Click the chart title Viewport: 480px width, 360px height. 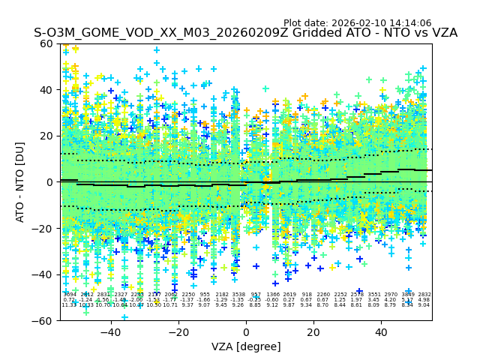tap(245, 34)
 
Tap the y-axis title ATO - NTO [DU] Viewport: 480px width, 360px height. tap(21, 181)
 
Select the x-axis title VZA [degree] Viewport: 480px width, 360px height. tap(245, 346)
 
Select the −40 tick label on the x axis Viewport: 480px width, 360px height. tap(110, 331)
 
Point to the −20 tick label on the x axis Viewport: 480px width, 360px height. tap(178, 331)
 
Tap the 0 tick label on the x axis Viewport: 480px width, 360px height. tap(246, 331)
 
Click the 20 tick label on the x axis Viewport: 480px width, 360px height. tap(313, 331)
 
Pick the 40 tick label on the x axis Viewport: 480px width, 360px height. tap(381, 331)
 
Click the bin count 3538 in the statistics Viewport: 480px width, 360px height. tap(238, 295)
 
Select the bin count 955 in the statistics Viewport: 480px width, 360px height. tap(205, 295)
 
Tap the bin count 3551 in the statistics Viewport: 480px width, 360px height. tap(373, 295)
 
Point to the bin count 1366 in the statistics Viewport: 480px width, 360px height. tap(272, 295)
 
